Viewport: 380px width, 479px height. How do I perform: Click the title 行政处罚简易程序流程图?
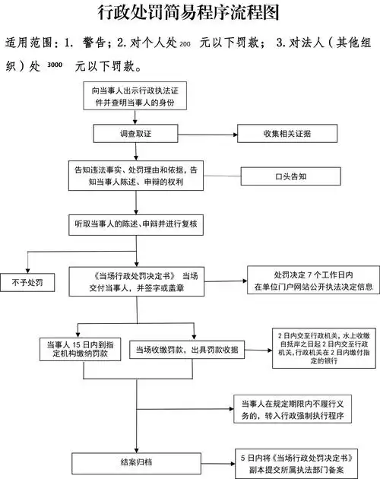[190, 13]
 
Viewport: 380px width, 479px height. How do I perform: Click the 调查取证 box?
[135, 134]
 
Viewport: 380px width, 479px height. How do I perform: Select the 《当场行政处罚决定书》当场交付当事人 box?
[138, 281]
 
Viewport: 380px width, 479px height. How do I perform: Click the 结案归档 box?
[135, 462]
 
